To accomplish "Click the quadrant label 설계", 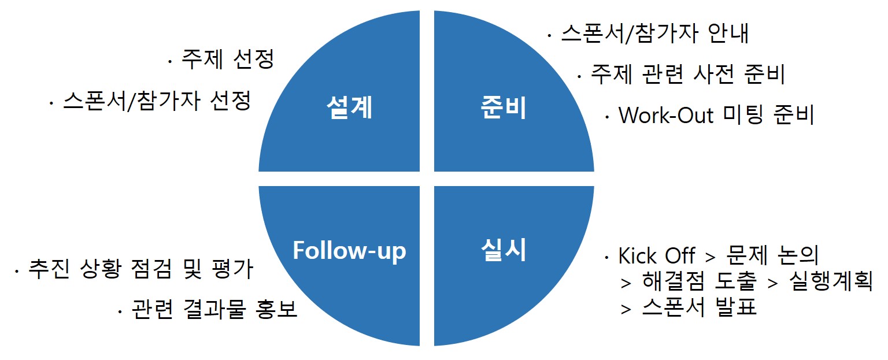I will (349, 108).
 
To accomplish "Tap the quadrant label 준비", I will (504, 108).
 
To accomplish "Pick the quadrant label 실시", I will (504, 250).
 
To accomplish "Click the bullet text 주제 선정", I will (227, 60).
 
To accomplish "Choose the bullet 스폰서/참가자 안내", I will (654, 34).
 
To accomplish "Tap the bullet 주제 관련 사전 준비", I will (687, 74).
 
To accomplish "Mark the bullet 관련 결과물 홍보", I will (214, 310).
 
